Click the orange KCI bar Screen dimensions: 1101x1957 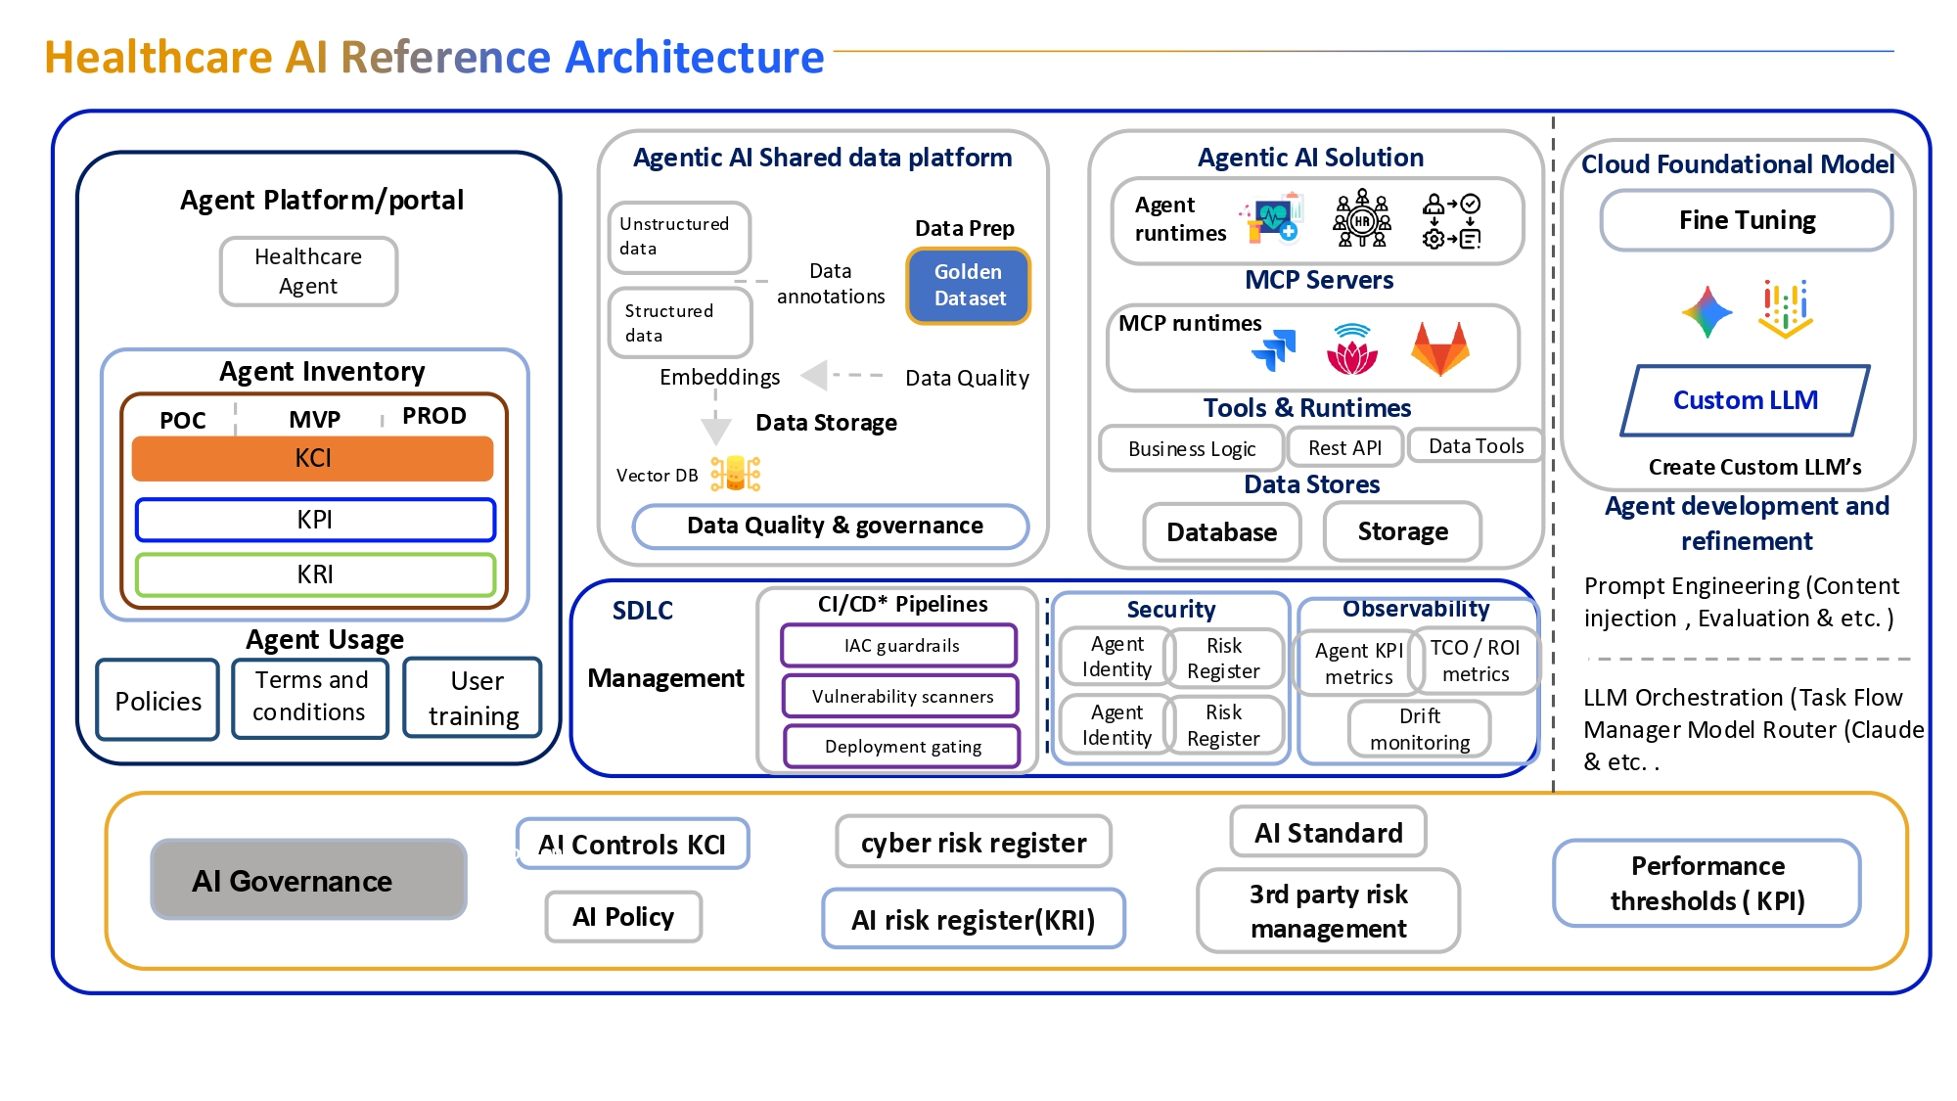313,458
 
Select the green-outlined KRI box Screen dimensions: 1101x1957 315,574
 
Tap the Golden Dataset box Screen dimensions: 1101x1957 968,285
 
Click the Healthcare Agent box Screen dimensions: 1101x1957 308,271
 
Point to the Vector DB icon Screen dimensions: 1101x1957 735,474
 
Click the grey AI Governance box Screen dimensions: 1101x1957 308,880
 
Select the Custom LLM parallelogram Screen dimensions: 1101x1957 1745,400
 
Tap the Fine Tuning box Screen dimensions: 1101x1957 1747,220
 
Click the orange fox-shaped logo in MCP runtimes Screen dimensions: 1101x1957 1439,349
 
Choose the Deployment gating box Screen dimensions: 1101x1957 902,746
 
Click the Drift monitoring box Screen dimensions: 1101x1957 1419,729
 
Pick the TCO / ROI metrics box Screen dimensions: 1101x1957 1475,661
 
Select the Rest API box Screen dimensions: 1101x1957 1344,447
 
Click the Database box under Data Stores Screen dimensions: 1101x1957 1221,531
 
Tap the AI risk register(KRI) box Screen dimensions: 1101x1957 973,919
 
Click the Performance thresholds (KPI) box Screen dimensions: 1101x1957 1707,883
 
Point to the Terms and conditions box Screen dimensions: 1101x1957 310,697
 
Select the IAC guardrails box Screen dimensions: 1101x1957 900,645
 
